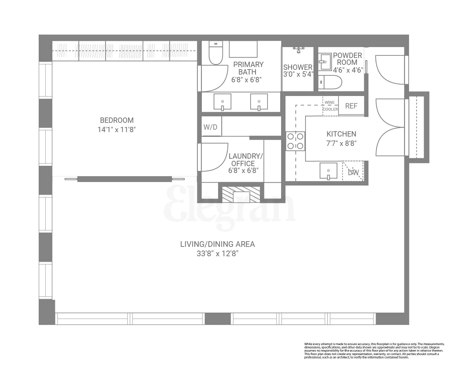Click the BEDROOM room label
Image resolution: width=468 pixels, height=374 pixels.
(x=117, y=120)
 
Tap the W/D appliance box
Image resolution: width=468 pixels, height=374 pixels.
(x=211, y=127)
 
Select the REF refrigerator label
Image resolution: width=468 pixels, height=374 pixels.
(x=351, y=106)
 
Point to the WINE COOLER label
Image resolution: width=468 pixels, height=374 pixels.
(x=330, y=106)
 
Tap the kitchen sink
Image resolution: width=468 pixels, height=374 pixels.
(x=328, y=171)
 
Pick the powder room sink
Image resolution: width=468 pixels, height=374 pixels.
(x=325, y=61)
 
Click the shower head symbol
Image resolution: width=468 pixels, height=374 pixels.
(x=299, y=50)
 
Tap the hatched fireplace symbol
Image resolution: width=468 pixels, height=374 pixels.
(x=241, y=194)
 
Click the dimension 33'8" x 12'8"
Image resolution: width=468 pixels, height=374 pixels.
(x=217, y=253)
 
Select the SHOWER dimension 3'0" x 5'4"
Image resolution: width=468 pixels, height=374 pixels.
(x=298, y=74)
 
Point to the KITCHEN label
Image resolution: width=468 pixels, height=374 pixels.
(x=341, y=134)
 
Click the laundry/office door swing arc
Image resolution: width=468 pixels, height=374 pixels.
(x=215, y=157)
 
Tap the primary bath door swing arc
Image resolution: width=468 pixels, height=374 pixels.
(x=215, y=78)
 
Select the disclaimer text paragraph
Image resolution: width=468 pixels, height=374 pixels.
(x=374, y=351)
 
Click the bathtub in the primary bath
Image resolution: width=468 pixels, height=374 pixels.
(x=243, y=49)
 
